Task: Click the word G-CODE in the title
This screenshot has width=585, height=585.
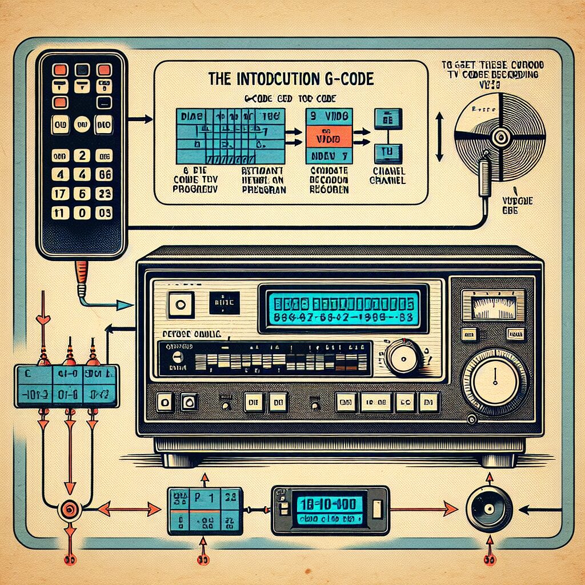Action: (348, 79)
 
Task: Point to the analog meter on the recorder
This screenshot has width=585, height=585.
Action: (492, 304)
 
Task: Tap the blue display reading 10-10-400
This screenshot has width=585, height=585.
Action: (330, 507)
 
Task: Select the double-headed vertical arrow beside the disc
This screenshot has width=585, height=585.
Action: (439, 137)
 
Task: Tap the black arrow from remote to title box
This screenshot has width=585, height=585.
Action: (140, 119)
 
